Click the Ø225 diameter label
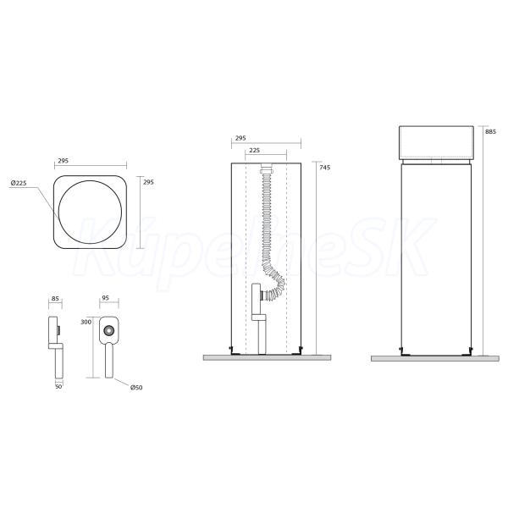click(x=19, y=183)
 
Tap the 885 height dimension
click(x=490, y=131)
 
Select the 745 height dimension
click(x=324, y=167)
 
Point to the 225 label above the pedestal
click(x=254, y=151)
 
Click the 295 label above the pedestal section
click(x=240, y=138)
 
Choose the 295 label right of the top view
click(x=148, y=182)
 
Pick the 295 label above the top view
click(x=63, y=161)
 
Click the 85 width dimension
click(x=55, y=298)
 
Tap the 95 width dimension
click(x=105, y=298)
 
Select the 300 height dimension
click(x=86, y=322)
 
